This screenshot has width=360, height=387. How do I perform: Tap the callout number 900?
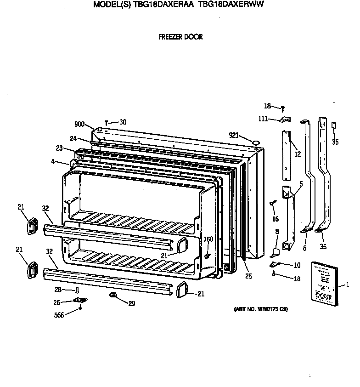[x=79, y=124]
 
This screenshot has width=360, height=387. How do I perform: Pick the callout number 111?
[x=263, y=120]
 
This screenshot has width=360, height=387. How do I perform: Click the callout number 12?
[x=298, y=154]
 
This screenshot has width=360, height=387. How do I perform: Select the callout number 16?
[x=275, y=219]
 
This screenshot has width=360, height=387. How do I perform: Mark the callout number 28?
[x=58, y=290]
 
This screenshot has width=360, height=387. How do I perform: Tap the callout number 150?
[x=209, y=239]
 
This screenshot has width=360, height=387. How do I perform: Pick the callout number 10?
[x=297, y=265]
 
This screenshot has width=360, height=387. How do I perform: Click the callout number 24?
[x=73, y=139]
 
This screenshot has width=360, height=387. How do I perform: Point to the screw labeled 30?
[x=107, y=123]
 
